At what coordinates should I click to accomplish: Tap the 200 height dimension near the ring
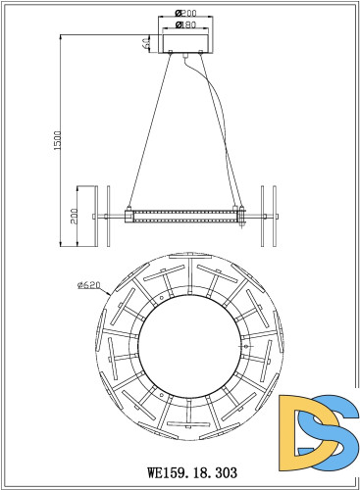(x=76, y=216)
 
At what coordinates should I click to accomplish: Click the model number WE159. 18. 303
(x=180, y=471)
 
